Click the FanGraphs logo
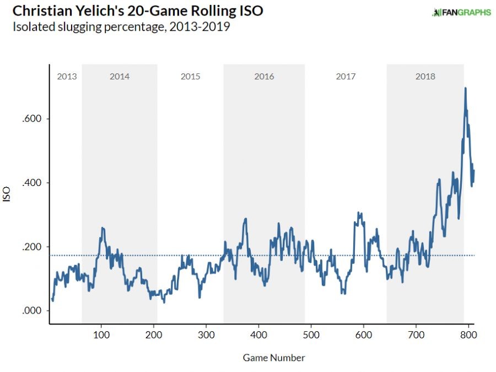pyautogui.click(x=461, y=12)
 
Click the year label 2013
pyautogui.click(x=67, y=76)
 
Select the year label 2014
pyautogui.click(x=120, y=76)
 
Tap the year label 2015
pyautogui.click(x=190, y=76)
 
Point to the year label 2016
pyautogui.click(x=264, y=76)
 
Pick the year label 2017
pyautogui.click(x=346, y=76)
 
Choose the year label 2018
pyautogui.click(x=425, y=76)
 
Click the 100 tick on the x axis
pyautogui.click(x=101, y=334)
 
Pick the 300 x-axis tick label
pyautogui.click(x=206, y=334)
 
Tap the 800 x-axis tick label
pyautogui.click(x=468, y=334)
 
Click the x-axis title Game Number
pyautogui.click(x=274, y=358)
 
